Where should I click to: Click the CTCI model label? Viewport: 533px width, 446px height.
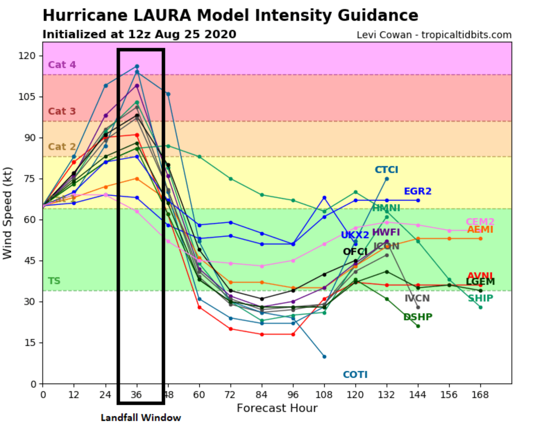pyautogui.click(x=386, y=170)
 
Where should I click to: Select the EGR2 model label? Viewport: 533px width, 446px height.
pyautogui.click(x=417, y=191)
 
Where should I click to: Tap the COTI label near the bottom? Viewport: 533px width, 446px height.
pyautogui.click(x=355, y=375)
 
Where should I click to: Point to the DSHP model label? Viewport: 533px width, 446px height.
pyautogui.click(x=418, y=317)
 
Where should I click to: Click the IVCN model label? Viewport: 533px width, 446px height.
pyautogui.click(x=417, y=298)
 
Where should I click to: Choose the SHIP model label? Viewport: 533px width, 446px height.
pyautogui.click(x=480, y=298)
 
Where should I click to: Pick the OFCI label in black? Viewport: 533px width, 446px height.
pyautogui.click(x=355, y=252)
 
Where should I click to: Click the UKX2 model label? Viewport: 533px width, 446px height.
pyautogui.click(x=355, y=235)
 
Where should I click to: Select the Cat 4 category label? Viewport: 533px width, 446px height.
pyautogui.click(x=62, y=65)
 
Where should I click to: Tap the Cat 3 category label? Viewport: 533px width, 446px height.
pyautogui.click(x=62, y=111)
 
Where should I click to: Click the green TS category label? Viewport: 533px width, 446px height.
pyautogui.click(x=54, y=281)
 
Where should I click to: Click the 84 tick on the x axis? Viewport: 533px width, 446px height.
pyautogui.click(x=262, y=395)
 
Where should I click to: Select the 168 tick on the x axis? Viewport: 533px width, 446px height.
pyautogui.click(x=480, y=395)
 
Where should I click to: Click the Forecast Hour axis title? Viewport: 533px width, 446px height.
pyautogui.click(x=277, y=408)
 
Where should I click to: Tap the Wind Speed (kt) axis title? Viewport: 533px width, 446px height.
pyautogui.click(x=8, y=213)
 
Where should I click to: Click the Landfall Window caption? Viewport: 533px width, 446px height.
pyautogui.click(x=141, y=418)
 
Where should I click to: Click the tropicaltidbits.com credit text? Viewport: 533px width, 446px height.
pyautogui.click(x=466, y=35)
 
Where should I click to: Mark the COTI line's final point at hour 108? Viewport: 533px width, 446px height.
pyautogui.click(x=324, y=357)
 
